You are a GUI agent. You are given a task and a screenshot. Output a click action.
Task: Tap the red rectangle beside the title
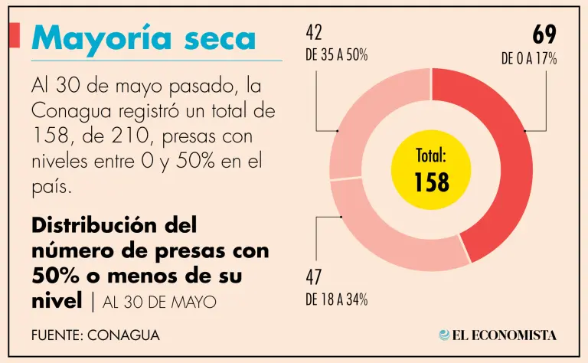click(14, 35)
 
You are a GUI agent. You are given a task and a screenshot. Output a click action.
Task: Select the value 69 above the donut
click(544, 34)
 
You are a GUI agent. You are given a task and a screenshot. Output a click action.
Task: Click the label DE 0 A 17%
click(528, 59)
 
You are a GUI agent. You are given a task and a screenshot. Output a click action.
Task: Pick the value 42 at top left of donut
click(314, 32)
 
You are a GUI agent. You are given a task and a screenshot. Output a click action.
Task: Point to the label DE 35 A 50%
click(337, 56)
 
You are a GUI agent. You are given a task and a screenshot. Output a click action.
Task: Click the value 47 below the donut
click(314, 276)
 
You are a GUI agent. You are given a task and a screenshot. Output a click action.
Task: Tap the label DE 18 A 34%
click(337, 299)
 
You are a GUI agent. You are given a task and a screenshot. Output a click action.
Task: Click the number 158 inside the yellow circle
click(431, 181)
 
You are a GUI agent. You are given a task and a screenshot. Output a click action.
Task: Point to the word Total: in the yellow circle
click(431, 156)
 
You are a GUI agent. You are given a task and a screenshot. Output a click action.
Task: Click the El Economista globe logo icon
click(444, 335)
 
